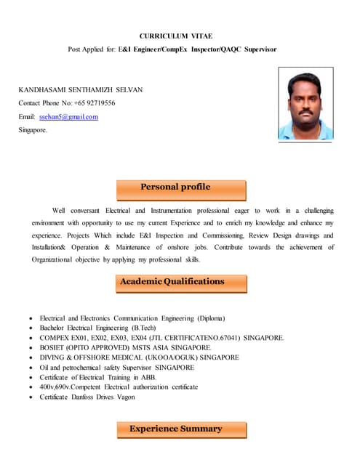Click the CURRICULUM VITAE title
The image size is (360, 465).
(x=180, y=36)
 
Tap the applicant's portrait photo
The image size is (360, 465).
(x=305, y=103)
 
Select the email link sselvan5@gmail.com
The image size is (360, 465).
(x=68, y=117)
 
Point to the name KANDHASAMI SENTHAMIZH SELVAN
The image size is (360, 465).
(x=81, y=90)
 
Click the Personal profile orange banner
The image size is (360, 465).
(x=181, y=188)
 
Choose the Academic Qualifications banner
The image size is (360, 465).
(x=181, y=282)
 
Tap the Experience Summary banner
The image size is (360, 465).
(x=181, y=429)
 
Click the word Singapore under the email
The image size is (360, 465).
(x=32, y=130)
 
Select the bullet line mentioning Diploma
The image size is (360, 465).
(x=132, y=318)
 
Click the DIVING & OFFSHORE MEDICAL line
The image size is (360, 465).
(x=139, y=357)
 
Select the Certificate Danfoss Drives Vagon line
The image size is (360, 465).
(x=87, y=397)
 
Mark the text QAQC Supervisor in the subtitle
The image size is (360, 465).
(x=247, y=49)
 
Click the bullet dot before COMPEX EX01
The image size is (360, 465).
(x=28, y=339)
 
